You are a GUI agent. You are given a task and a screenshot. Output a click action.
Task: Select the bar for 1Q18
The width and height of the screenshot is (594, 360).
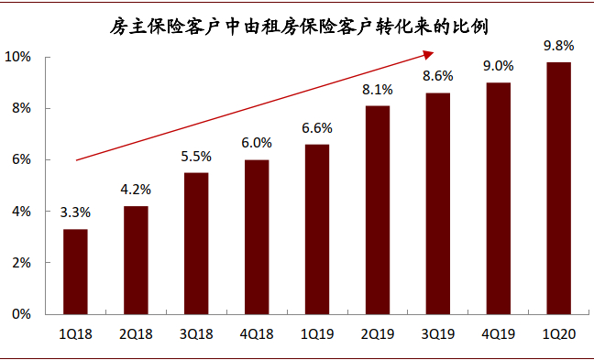tap(75, 271)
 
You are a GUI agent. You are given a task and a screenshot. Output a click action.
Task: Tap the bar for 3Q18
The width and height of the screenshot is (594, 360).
tap(196, 243)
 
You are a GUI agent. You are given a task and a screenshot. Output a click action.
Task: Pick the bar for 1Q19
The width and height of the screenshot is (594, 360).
tap(316, 229)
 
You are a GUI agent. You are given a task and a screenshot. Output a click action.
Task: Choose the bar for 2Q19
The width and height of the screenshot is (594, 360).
tap(377, 210)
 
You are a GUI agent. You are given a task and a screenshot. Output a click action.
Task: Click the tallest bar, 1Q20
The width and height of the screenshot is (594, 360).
tap(558, 188)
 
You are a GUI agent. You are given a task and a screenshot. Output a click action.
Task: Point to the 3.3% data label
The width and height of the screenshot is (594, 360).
tap(75, 212)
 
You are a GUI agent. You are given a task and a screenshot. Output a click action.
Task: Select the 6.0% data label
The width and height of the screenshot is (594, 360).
tap(256, 143)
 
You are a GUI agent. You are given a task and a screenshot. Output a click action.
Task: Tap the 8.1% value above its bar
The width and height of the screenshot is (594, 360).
tap(377, 89)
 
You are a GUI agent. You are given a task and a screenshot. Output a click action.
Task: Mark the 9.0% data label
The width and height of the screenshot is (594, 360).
tap(498, 66)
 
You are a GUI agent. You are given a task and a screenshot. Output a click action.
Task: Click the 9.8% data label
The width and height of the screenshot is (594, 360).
tap(558, 45)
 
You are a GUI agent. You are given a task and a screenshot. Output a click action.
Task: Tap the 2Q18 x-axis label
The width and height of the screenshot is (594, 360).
tap(136, 335)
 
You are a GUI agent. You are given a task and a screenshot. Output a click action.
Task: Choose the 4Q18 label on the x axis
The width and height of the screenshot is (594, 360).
tap(256, 335)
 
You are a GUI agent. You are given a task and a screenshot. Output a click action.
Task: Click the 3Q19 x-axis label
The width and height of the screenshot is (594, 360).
tap(437, 335)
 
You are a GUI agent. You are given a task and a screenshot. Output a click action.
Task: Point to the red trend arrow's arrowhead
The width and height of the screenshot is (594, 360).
tap(441, 54)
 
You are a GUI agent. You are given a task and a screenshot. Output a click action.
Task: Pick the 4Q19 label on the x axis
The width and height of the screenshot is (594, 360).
tap(498, 335)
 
